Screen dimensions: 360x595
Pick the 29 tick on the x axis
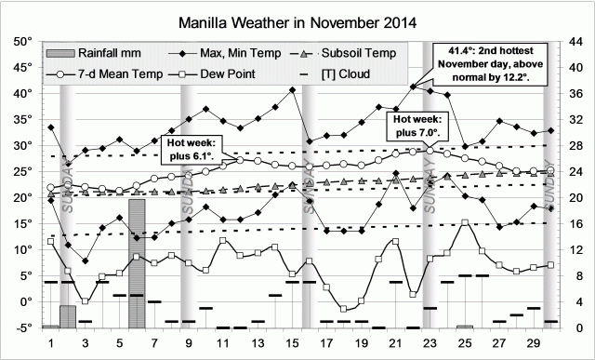tap(532, 342)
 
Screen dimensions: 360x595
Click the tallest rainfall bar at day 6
tap(137, 263)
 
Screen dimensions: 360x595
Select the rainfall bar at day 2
tap(68, 316)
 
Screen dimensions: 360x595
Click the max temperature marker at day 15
tap(292, 90)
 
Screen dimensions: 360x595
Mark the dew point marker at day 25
tap(464, 223)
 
